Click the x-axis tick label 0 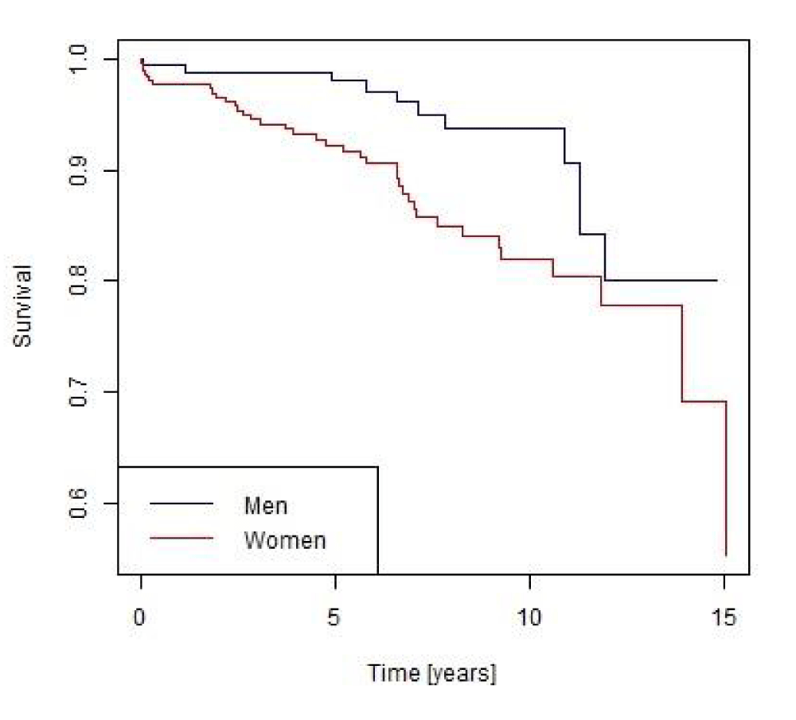141,617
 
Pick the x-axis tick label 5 335,617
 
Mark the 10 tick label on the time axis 529,617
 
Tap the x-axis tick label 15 724,617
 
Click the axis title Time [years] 431,674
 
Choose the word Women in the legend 285,541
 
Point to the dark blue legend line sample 181,504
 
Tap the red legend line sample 181,539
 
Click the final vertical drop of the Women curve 726,477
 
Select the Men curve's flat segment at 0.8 661,280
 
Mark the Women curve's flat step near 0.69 704,402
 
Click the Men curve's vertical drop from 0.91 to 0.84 579,199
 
